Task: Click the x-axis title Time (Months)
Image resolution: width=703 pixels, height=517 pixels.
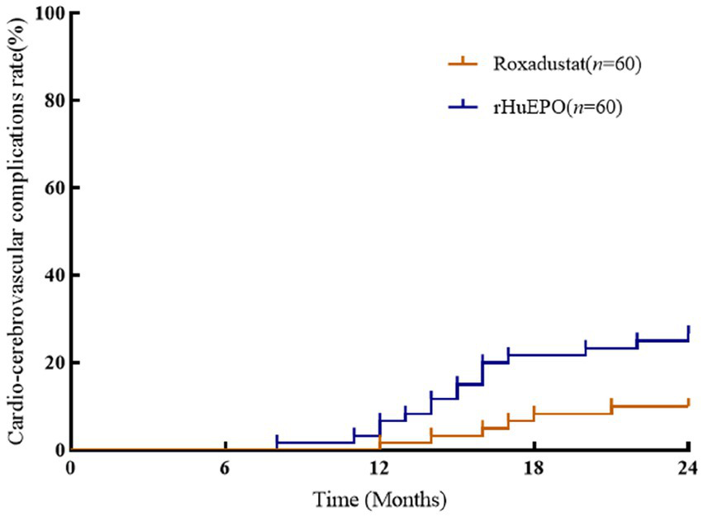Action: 379,499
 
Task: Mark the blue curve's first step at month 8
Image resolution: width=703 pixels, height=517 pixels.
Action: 277,442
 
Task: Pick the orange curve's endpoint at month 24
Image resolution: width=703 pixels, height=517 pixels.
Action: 688,405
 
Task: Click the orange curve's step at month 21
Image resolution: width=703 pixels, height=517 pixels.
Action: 611,407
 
